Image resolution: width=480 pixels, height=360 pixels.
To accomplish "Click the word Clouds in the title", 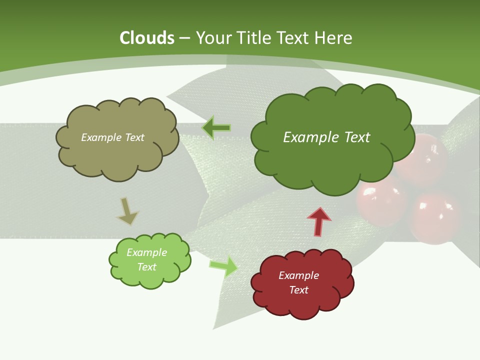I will (x=147, y=38).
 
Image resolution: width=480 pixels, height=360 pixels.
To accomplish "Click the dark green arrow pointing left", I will (x=216, y=128).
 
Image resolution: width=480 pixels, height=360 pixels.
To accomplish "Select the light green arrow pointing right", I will (x=224, y=266).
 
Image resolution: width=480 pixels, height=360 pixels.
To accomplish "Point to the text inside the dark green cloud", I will (x=326, y=137).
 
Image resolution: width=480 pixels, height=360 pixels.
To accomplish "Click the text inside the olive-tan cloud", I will (x=112, y=137).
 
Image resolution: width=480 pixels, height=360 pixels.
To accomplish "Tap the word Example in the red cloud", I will (x=298, y=275).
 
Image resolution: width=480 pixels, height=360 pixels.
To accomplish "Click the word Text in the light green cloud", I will (x=146, y=267).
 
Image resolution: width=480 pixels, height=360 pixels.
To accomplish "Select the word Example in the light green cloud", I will (x=146, y=252).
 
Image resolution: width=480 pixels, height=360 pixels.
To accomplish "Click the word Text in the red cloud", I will (x=298, y=290).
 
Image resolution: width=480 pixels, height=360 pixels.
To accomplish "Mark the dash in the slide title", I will (x=184, y=38).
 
